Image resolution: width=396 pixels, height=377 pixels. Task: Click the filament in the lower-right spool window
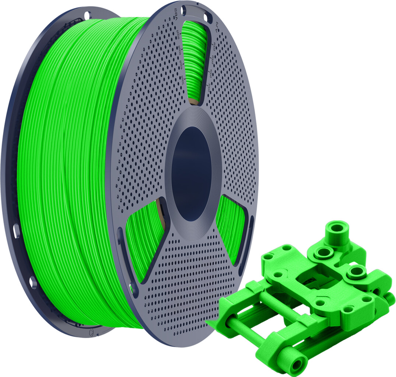(x=230, y=225)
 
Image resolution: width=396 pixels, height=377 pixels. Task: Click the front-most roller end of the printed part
(x=295, y=363)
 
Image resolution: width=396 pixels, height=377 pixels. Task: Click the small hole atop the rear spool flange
(x=87, y=15)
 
